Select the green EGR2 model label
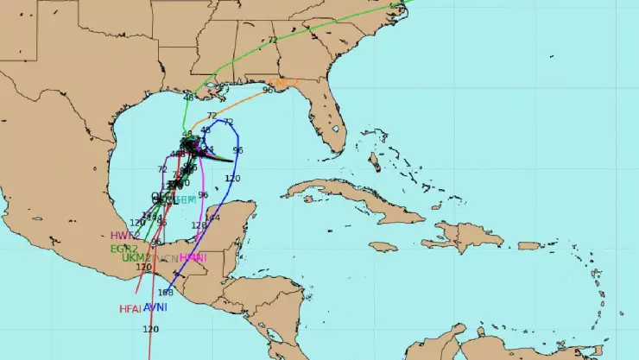[x=124, y=248]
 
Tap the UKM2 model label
[x=136, y=257]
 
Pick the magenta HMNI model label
[x=193, y=257]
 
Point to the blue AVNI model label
[x=155, y=307]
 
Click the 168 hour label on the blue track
[x=166, y=292]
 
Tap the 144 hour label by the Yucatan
[x=212, y=218]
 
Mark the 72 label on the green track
[x=273, y=40]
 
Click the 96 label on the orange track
[x=268, y=90]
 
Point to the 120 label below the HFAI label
[x=150, y=329]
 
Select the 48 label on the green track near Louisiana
[x=188, y=98]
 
